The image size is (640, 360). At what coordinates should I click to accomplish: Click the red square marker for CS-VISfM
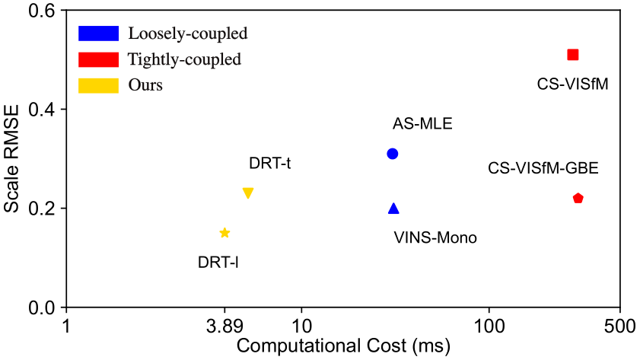point(573,54)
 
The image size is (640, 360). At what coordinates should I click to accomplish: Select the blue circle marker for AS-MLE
point(393,154)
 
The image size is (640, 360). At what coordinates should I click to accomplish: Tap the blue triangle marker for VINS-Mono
point(393,209)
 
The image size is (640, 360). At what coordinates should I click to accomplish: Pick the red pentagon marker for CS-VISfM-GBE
point(578,199)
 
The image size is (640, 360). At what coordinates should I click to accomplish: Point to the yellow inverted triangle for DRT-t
point(247,193)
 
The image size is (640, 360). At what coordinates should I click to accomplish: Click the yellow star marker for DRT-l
point(224,233)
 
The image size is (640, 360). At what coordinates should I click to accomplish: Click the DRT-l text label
point(219,263)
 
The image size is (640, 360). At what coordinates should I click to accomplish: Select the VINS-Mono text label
point(435,237)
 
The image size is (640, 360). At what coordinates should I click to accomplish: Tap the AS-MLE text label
point(422,124)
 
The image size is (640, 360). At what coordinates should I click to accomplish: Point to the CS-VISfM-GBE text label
point(543,168)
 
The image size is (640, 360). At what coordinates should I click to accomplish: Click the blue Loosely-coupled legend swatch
point(98,33)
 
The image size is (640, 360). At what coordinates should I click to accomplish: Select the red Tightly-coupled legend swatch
point(98,59)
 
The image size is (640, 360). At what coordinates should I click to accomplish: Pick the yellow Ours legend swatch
point(98,84)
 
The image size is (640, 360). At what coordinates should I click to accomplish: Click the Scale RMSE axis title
point(12,160)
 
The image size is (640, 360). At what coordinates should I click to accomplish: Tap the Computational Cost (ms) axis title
point(344,346)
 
